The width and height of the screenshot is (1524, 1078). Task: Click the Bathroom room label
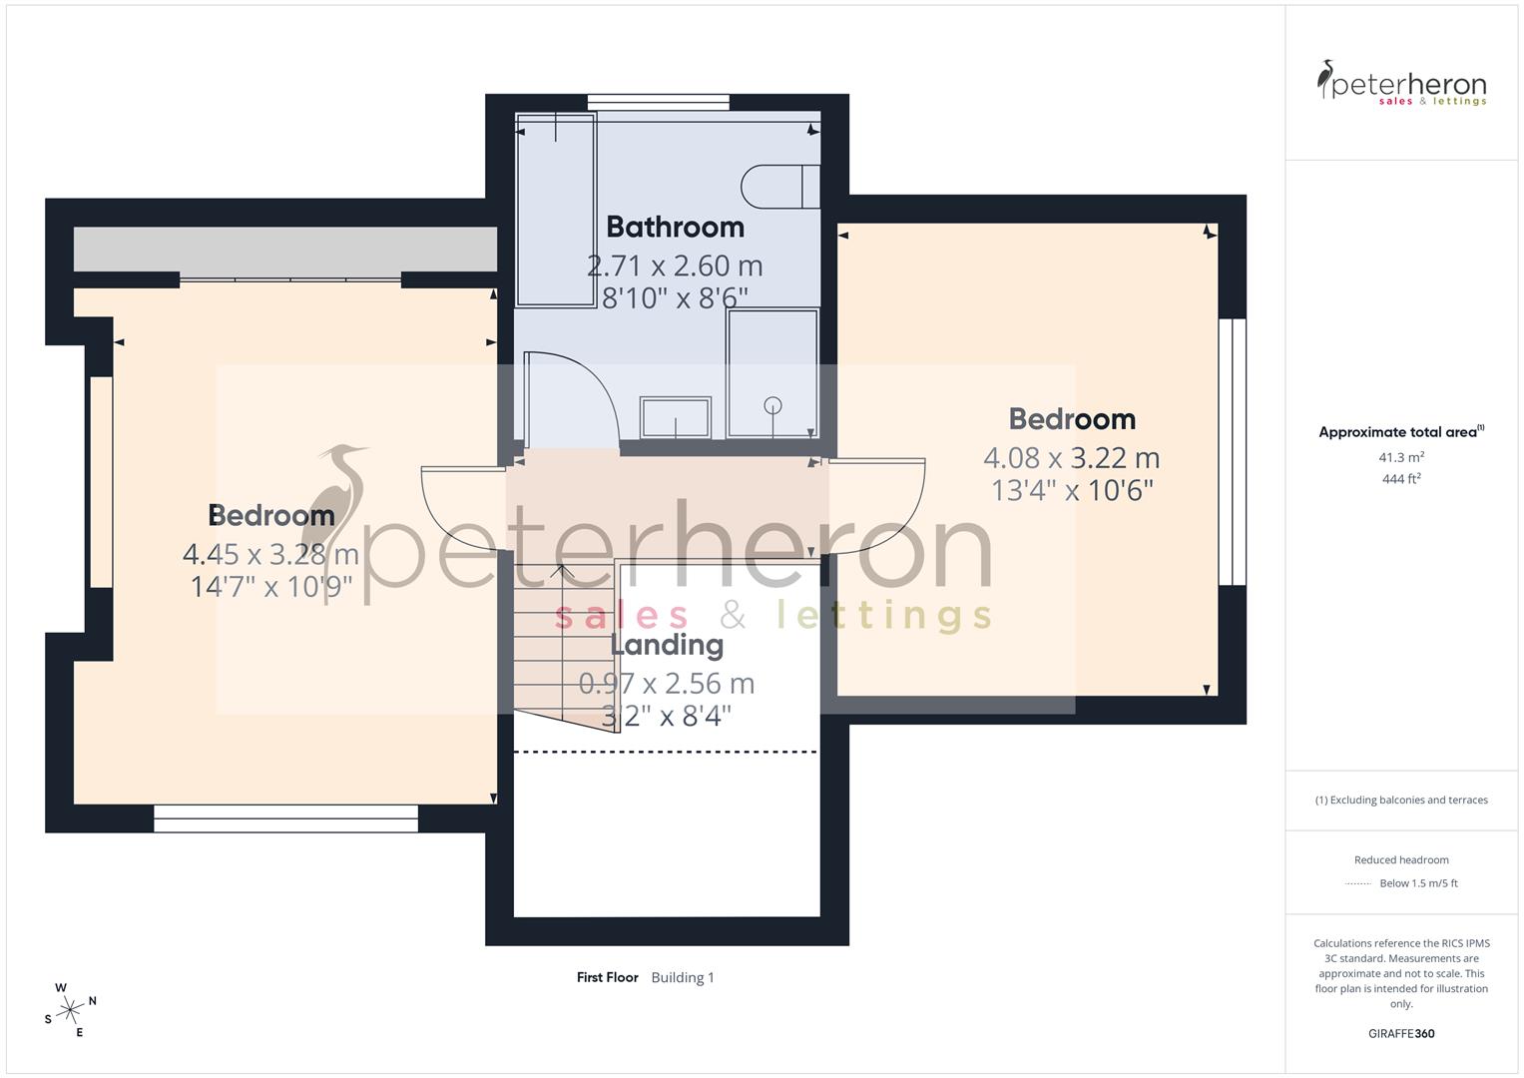(x=675, y=228)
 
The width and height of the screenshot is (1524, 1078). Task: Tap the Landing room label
(x=667, y=645)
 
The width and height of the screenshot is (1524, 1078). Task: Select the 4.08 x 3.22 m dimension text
(x=1071, y=458)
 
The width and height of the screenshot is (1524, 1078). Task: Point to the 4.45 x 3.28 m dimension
(x=270, y=554)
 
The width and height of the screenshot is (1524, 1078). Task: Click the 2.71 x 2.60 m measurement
(x=675, y=267)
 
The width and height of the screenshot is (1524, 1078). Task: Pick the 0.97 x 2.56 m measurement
(x=667, y=684)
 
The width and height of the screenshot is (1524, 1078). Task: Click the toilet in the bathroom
(x=779, y=187)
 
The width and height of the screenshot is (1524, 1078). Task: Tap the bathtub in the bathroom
(x=556, y=209)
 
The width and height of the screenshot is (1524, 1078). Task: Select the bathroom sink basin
(x=676, y=417)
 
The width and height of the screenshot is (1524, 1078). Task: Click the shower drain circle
(x=772, y=405)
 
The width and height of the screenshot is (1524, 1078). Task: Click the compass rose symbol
(x=70, y=1010)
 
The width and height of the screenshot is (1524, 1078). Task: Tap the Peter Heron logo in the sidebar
(x=1401, y=83)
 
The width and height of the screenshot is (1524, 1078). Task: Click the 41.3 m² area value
(x=1401, y=457)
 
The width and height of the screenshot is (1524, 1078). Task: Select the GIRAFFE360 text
(x=1401, y=1034)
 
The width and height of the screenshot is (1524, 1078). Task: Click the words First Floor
(x=607, y=977)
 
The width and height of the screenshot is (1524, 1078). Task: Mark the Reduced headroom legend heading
(x=1401, y=859)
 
